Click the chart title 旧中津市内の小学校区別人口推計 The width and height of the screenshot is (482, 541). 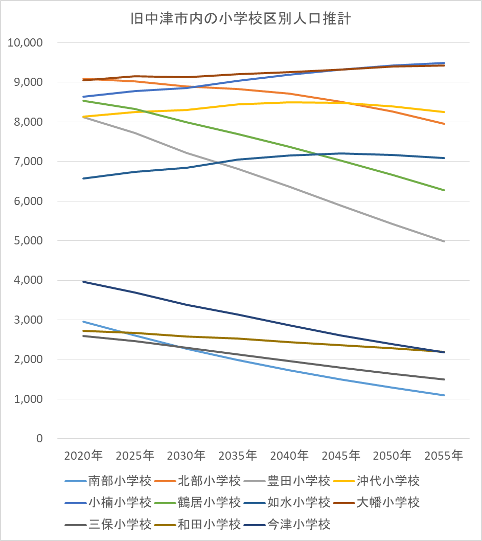(x=240, y=19)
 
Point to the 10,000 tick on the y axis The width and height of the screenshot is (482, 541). (x=25, y=42)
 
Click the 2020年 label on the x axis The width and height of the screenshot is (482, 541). (x=83, y=455)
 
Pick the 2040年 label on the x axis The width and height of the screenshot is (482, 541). (x=290, y=455)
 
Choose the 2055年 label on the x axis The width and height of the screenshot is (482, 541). (x=444, y=455)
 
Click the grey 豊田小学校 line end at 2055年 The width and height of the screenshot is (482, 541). (x=444, y=241)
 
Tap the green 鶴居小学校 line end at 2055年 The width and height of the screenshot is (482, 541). (x=444, y=190)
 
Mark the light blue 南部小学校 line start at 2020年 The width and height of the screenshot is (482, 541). (x=83, y=322)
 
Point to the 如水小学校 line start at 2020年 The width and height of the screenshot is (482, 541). (x=83, y=178)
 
